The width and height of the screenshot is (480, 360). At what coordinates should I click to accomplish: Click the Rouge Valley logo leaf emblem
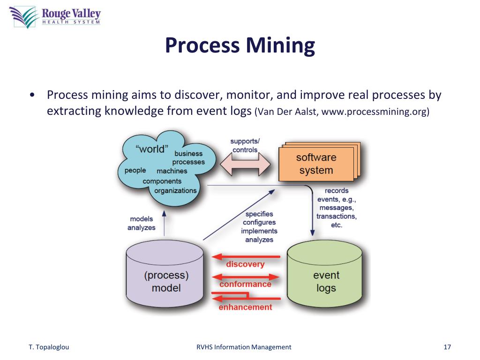pos(23,16)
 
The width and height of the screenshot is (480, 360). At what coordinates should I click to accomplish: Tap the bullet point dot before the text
pos(31,95)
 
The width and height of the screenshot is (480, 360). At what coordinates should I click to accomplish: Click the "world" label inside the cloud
pos(151,149)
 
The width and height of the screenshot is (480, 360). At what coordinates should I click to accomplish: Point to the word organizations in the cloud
pos(175,191)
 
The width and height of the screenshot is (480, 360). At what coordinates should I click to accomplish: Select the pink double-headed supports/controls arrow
pos(245,165)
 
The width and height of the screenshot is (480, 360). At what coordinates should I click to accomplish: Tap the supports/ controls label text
pos(245,145)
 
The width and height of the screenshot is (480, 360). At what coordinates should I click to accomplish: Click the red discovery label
pos(245,264)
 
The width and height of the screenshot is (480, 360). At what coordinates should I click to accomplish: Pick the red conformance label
pos(245,284)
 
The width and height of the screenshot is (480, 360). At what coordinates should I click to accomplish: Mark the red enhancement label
pos(245,307)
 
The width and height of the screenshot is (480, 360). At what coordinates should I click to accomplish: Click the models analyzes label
pos(141,223)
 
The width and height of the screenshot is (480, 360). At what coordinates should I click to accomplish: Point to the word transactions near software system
pos(336,216)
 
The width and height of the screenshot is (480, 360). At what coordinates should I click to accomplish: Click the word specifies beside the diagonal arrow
pos(259,214)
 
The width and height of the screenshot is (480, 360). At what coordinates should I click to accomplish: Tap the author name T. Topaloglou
pos(49,347)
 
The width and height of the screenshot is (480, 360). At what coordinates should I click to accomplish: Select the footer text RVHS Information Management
pos(243,347)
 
